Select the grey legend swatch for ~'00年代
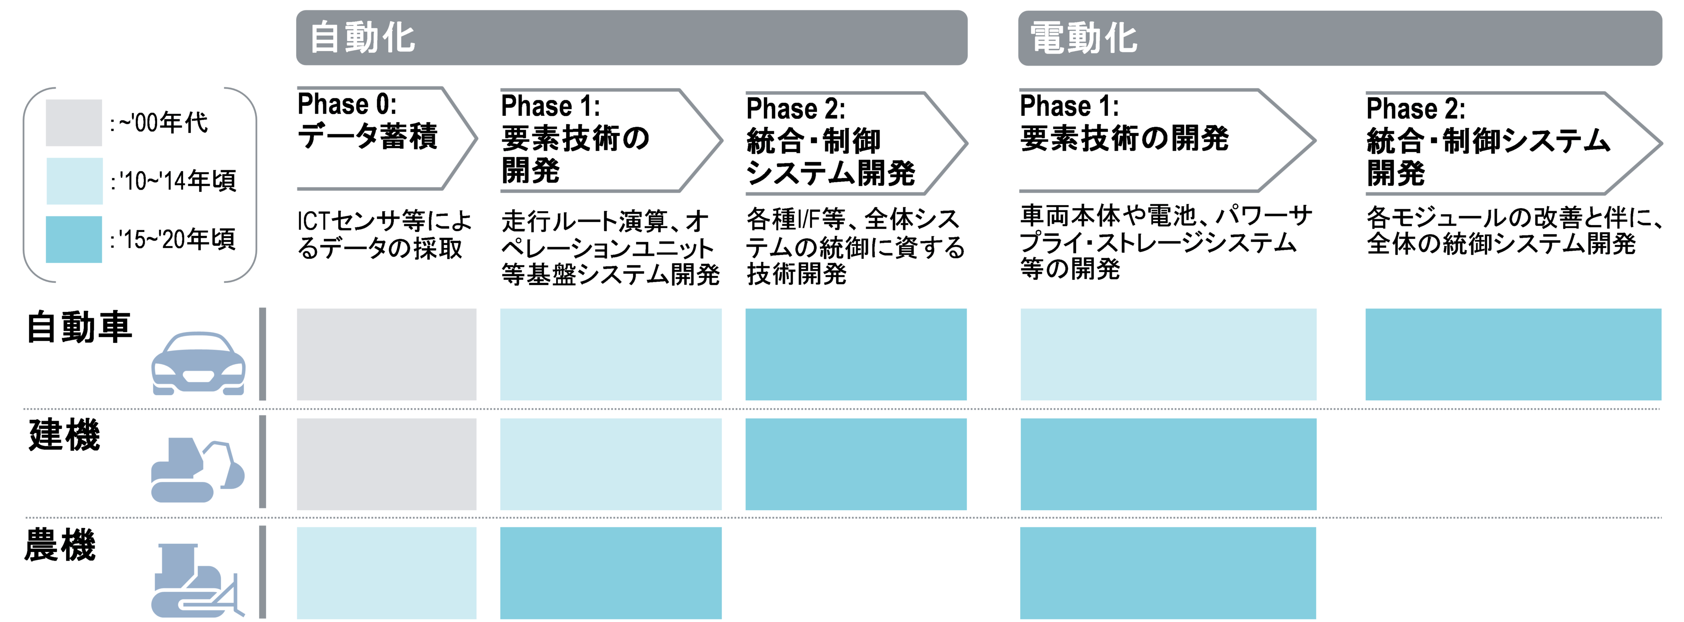(x=74, y=122)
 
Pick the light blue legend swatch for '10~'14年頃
(x=74, y=181)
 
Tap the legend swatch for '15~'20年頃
(x=74, y=239)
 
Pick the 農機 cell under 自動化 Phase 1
(x=611, y=573)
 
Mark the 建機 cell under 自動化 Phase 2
(x=856, y=464)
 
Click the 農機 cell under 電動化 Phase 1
(x=1168, y=573)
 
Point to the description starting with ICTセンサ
(x=384, y=234)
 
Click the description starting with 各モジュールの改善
(x=1513, y=230)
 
